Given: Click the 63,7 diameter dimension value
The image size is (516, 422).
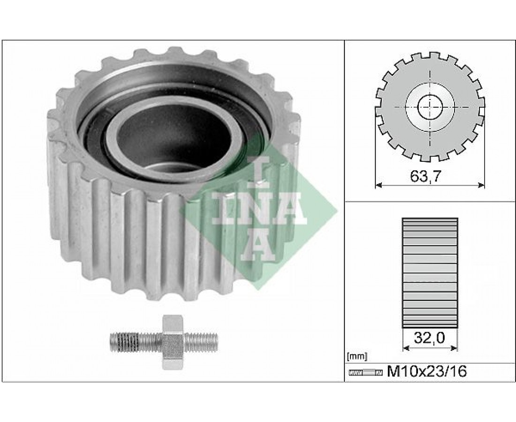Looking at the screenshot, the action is click(x=425, y=177).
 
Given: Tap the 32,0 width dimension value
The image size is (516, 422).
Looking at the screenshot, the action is click(x=429, y=338).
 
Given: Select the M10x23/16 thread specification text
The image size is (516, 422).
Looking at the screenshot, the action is click(x=427, y=372).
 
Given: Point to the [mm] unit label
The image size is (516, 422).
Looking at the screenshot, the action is click(x=357, y=356).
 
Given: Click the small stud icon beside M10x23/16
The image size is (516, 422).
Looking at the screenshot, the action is click(x=365, y=373).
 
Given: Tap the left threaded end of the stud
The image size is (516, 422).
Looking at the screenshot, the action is click(x=135, y=342).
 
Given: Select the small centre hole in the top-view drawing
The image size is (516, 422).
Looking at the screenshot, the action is click(x=430, y=107).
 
